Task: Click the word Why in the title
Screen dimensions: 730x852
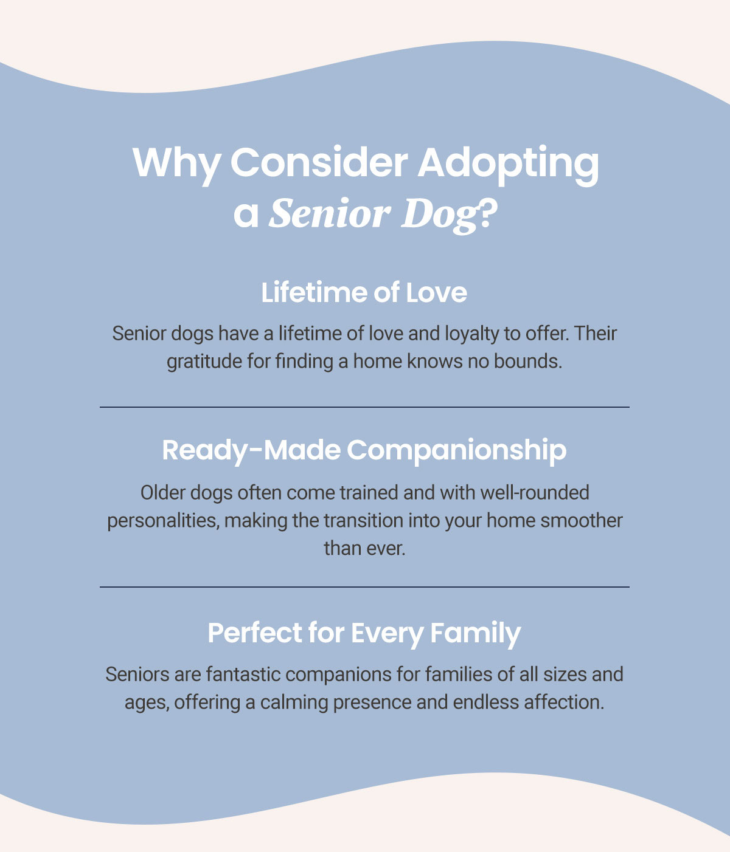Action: tap(176, 164)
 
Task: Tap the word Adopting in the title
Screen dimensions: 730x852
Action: tap(508, 165)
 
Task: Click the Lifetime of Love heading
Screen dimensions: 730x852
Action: tap(364, 293)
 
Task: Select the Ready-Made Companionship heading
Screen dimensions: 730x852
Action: tap(364, 450)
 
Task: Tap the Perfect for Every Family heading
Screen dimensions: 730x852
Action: tap(364, 633)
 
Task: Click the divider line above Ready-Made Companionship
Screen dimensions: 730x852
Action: tap(364, 407)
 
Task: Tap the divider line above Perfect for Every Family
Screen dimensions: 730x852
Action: tap(364, 587)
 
